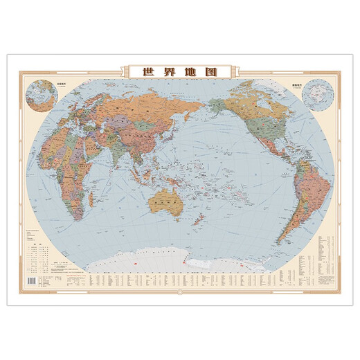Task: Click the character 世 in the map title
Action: [x=147, y=71]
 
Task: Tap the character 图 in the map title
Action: [x=211, y=71]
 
